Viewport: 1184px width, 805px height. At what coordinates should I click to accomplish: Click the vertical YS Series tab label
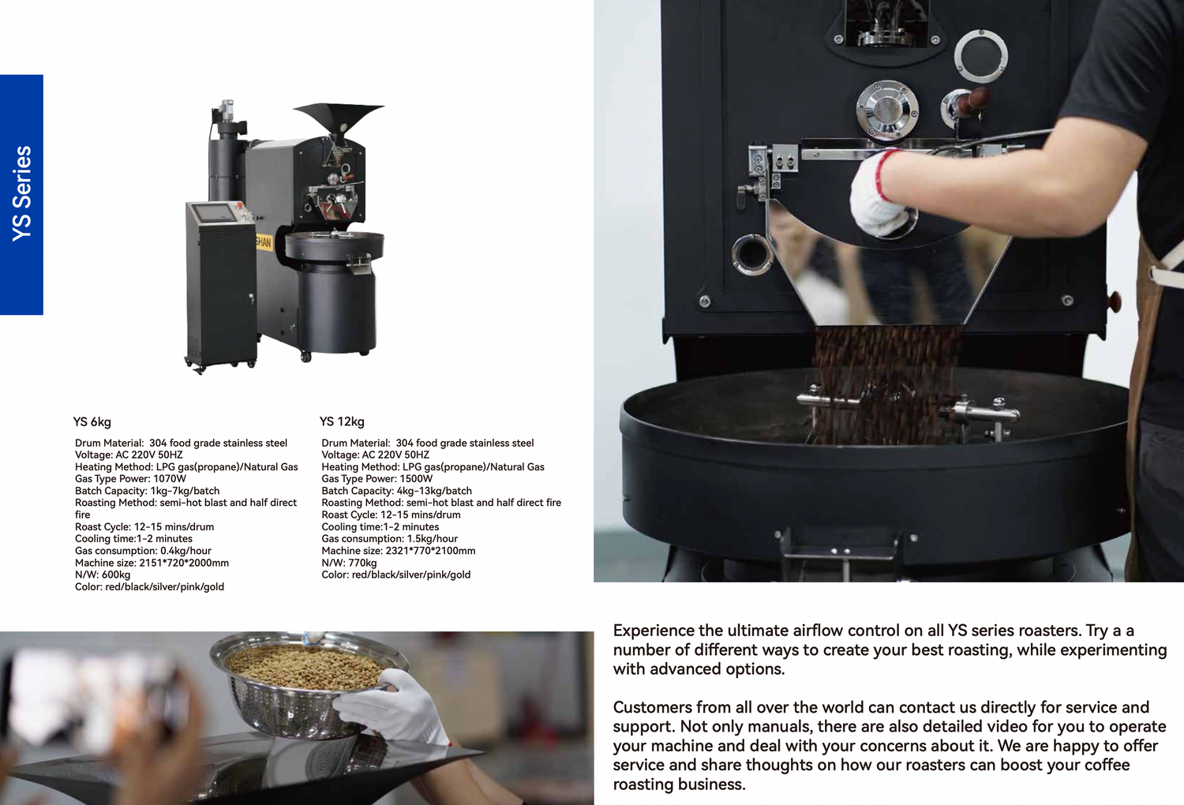[22, 194]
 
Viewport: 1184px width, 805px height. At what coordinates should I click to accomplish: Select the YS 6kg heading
[92, 421]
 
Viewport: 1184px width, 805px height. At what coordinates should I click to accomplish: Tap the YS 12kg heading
[342, 421]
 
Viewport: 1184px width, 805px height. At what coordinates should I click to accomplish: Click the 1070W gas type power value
[170, 479]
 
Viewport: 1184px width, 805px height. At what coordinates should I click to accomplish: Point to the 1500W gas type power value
[416, 479]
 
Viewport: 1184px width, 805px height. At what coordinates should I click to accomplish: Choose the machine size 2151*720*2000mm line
[152, 563]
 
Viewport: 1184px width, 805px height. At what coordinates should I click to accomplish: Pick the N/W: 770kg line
[349, 563]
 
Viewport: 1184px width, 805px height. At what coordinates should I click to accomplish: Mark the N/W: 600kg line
[103, 575]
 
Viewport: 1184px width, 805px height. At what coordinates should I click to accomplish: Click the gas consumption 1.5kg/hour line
[390, 538]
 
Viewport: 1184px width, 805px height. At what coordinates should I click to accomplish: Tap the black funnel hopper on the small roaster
[339, 119]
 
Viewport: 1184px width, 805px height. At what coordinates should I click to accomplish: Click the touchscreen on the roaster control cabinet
[214, 213]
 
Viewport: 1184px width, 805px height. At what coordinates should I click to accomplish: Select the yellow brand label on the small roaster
[264, 242]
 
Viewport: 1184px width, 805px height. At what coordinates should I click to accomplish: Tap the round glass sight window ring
[981, 55]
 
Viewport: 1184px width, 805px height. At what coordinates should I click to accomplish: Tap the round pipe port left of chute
[751, 255]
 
